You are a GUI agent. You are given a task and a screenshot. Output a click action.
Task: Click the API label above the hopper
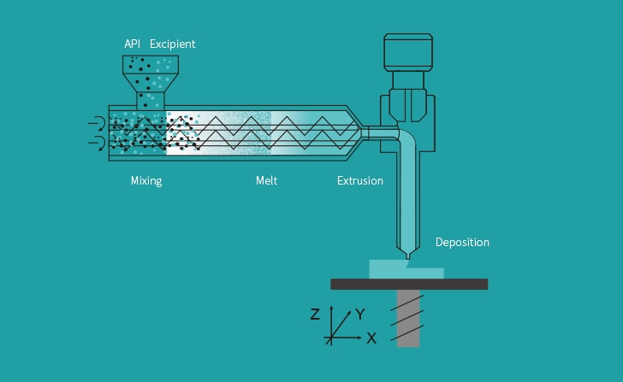132,44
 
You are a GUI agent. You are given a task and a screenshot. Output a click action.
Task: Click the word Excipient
173,44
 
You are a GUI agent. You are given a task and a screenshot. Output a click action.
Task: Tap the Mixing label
146,180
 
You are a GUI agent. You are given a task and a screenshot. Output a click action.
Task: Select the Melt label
267,180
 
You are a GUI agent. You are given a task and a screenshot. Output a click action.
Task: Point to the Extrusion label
360,180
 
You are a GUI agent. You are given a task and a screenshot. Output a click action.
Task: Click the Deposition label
462,242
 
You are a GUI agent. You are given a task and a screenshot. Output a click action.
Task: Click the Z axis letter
315,314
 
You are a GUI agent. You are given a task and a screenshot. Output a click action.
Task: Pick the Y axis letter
360,314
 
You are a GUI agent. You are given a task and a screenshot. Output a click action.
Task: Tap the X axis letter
371,338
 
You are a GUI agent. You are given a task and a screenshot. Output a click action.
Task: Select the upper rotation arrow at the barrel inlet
97,124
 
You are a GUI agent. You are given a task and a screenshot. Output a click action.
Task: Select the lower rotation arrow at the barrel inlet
97,142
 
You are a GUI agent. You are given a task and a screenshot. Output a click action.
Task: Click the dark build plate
409,284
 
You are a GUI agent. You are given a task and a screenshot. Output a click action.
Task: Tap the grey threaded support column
408,318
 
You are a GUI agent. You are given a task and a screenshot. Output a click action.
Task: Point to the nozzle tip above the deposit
409,256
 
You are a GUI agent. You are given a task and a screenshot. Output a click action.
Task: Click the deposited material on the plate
406,270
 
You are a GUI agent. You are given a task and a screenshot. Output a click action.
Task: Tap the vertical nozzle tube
408,197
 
